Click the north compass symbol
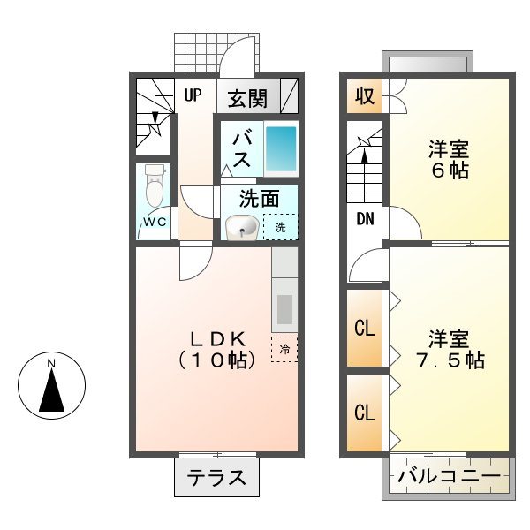(52, 385)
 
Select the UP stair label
(193, 95)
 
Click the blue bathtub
(282, 148)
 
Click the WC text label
(155, 222)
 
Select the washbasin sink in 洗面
(241, 228)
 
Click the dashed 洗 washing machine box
(280, 227)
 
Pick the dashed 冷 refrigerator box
(284, 348)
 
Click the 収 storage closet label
(364, 96)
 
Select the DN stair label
(364, 220)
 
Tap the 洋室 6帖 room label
(449, 159)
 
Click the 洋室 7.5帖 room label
(449, 349)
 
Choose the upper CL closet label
(364, 328)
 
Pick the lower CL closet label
(364, 413)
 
